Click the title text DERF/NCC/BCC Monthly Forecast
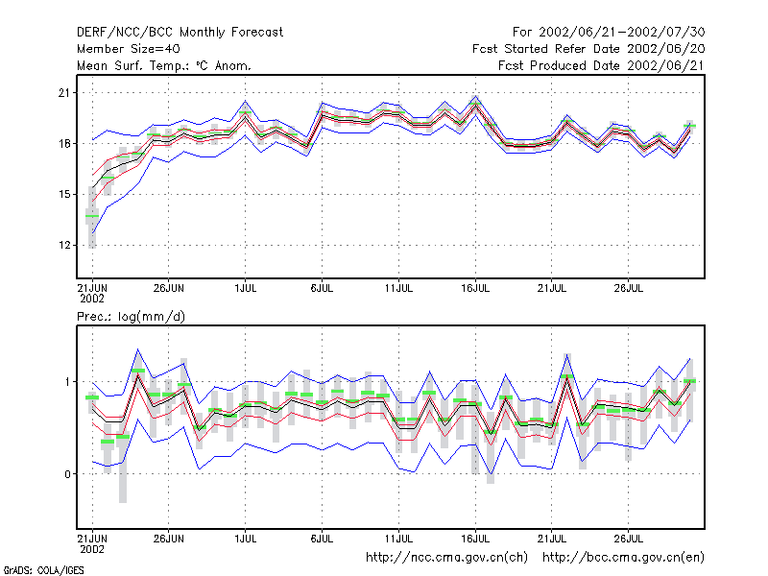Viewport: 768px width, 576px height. [180, 33]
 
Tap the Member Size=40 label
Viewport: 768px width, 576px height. [129, 49]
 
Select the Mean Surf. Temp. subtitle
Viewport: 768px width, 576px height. [164, 65]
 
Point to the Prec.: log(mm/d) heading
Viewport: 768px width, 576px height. [131, 317]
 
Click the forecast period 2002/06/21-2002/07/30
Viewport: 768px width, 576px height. [609, 33]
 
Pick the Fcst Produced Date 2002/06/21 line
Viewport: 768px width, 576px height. [602, 65]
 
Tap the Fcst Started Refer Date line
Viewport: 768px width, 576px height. [588, 49]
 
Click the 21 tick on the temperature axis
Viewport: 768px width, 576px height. [64, 92]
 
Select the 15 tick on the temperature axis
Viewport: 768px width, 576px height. [64, 195]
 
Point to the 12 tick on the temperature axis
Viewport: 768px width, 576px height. [64, 245]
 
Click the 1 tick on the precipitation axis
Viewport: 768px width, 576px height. [67, 381]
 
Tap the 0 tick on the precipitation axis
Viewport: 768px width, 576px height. [67, 474]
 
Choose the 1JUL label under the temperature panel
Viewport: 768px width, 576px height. [246, 289]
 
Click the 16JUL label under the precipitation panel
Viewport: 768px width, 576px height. [475, 539]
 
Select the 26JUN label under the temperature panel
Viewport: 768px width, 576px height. [169, 289]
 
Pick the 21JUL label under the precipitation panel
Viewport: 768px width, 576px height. [551, 539]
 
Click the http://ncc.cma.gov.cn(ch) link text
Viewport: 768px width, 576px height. [446, 558]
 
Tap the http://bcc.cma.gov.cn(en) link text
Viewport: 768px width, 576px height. [623, 558]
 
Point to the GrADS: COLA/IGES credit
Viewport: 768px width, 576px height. [43, 570]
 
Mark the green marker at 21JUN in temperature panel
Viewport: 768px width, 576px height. [92, 216]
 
